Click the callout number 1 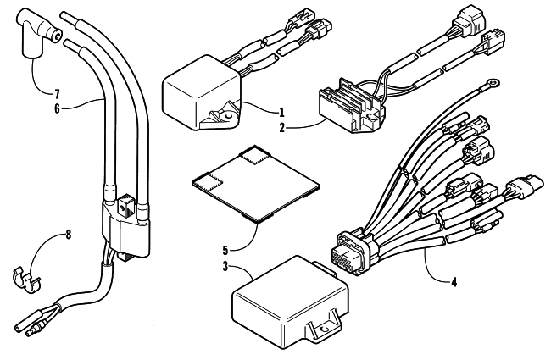pyautogui.click(x=281, y=113)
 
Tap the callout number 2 pyautogui.click(x=281, y=128)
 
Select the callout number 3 pyautogui.click(x=225, y=266)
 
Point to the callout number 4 pyautogui.click(x=454, y=282)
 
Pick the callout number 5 pyautogui.click(x=225, y=251)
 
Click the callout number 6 pyautogui.click(x=57, y=108)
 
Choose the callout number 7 pyautogui.click(x=57, y=94)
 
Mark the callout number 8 pyautogui.click(x=68, y=235)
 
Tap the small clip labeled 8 pyautogui.click(x=25, y=280)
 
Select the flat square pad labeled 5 pyautogui.click(x=257, y=184)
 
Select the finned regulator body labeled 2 pyautogui.click(x=352, y=105)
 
